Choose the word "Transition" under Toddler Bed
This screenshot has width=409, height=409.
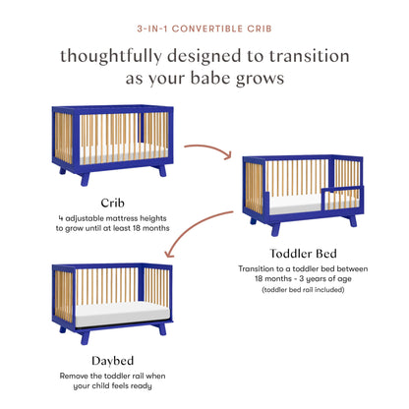coord(260,267)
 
